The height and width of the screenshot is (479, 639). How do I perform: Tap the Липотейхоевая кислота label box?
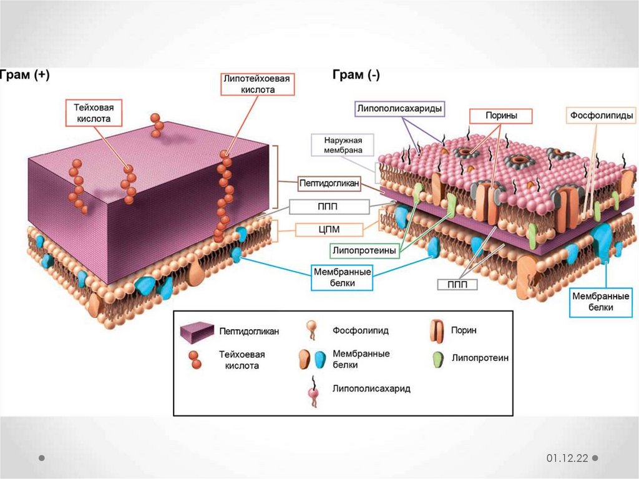point(258,84)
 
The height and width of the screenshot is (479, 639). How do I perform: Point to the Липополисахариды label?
point(400,109)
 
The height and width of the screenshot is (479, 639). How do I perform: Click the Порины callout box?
point(501,116)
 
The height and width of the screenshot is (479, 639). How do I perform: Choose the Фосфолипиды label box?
point(602,116)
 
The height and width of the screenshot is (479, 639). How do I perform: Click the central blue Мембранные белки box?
point(342,278)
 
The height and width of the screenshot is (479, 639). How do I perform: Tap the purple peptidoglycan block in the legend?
point(197,331)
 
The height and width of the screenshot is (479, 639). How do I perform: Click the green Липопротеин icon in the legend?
point(437,360)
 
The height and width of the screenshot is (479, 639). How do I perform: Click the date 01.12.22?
point(568,458)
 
